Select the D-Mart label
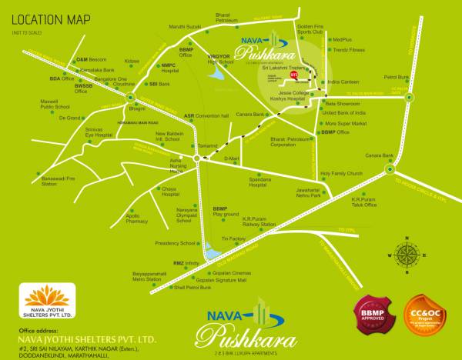click(232, 158)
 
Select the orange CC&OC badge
click(422, 316)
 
